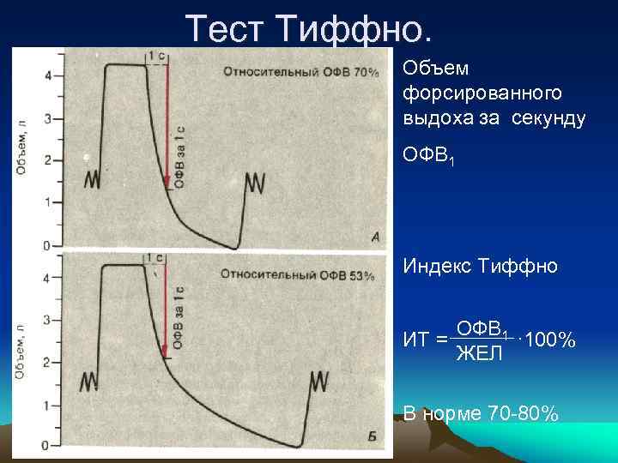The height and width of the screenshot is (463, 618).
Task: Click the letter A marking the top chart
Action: (x=375, y=237)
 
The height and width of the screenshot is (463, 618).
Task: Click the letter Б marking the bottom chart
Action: (x=372, y=437)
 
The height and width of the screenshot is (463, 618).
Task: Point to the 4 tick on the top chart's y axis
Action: (x=47, y=75)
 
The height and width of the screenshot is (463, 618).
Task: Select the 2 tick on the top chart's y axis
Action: (x=47, y=160)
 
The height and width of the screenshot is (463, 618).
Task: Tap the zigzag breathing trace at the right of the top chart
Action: (x=255, y=182)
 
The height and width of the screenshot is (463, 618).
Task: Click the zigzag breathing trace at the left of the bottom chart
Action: (x=89, y=382)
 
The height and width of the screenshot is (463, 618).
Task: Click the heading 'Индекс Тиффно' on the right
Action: (x=480, y=267)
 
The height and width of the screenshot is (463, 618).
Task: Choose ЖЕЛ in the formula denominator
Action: (x=479, y=352)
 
